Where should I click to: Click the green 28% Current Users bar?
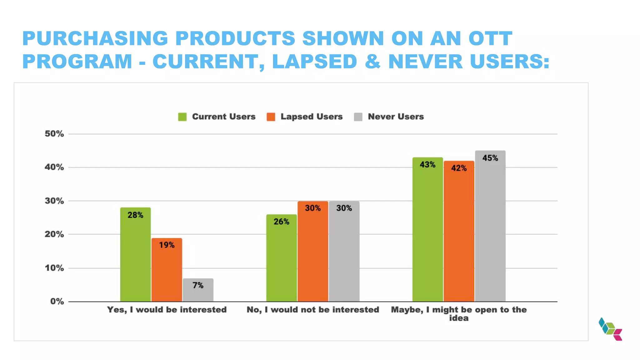coord(135,255)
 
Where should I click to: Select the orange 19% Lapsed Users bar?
coord(167,270)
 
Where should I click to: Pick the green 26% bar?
coord(281,258)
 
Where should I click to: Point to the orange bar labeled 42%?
coord(459,231)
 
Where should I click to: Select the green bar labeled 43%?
coord(427,229)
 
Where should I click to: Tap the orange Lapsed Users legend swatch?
coord(271,117)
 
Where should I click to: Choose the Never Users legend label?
coord(396,117)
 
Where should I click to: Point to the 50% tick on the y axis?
coord(54,134)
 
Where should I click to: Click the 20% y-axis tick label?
coord(54,234)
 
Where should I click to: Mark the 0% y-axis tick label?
coord(57,302)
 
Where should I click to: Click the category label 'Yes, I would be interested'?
coord(167,310)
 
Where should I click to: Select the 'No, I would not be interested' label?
coord(312,310)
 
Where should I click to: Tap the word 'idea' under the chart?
coord(459,318)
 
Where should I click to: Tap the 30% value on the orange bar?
coord(312,208)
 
